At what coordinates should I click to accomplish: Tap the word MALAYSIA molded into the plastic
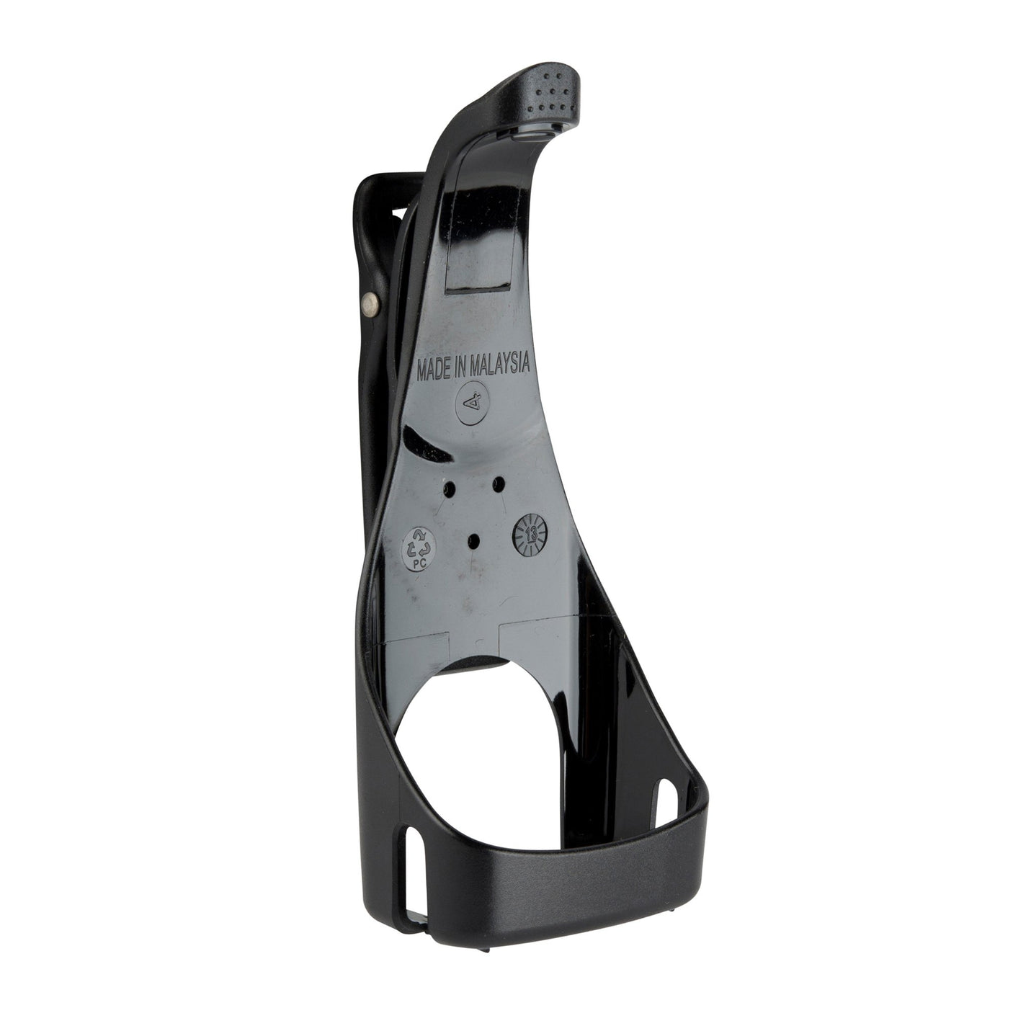[499, 365]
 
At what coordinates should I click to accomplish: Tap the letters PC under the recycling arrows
[419, 560]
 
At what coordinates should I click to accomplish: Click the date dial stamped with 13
[530, 533]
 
